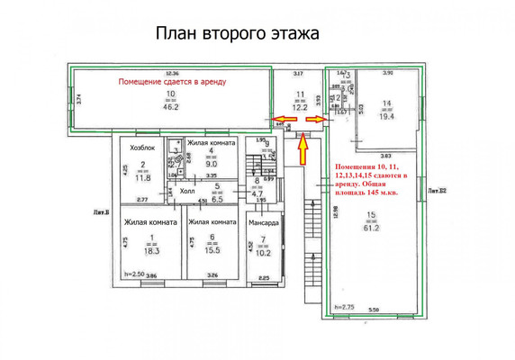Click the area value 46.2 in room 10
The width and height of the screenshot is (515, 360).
coord(170,105)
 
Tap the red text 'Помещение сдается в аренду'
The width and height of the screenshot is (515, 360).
coord(172,82)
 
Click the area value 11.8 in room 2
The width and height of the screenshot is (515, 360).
coord(142,177)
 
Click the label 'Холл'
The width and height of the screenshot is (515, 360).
coord(187,191)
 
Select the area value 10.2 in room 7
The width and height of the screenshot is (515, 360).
coord(262,253)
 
